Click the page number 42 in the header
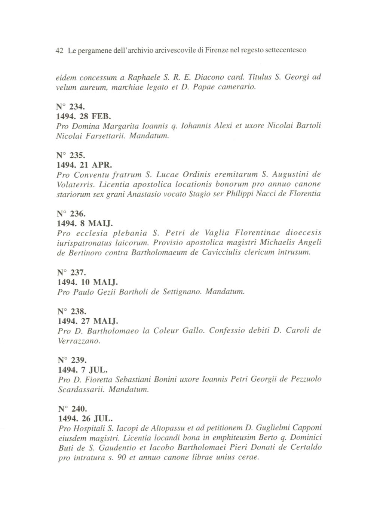(x=59, y=50)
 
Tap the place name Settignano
(x=182, y=292)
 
